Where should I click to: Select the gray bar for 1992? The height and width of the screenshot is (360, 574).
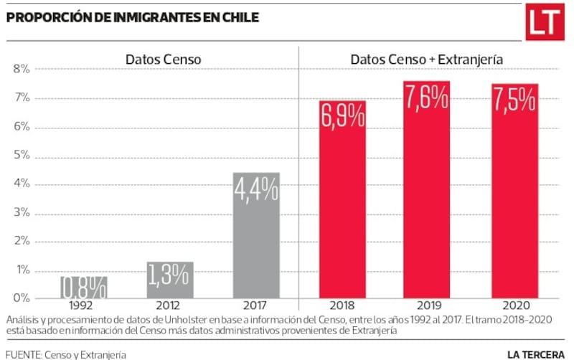tap(84, 287)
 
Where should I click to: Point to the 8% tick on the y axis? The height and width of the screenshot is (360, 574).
tap(21, 70)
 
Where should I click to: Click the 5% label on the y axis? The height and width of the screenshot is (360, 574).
tap(21, 156)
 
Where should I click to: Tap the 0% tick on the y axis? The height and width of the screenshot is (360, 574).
tap(21, 298)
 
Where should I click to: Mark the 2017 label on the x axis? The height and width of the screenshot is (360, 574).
tap(256, 304)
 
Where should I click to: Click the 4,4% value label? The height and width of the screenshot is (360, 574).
tap(256, 190)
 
